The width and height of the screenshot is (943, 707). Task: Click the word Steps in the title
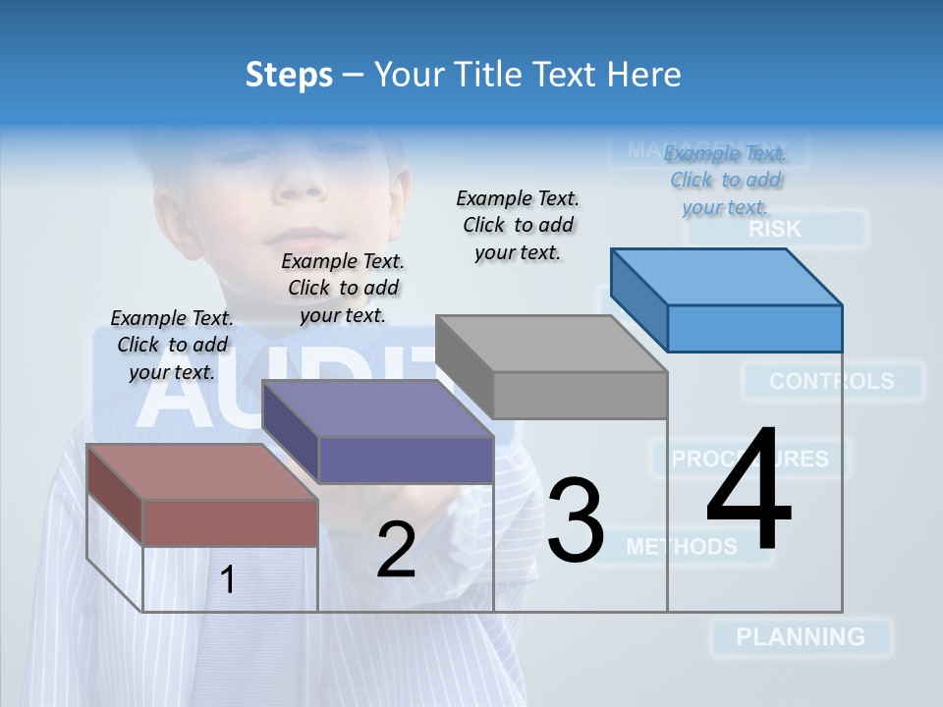289,75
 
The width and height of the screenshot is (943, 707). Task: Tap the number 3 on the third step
576,521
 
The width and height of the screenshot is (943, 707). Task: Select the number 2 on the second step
396,550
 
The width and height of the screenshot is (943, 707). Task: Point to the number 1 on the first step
228,579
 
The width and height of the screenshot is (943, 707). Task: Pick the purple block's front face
406,460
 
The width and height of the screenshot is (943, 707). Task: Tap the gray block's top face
550,344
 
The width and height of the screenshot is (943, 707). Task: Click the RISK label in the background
775,230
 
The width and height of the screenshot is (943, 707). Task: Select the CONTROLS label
832,381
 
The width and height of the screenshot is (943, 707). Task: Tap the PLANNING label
801,636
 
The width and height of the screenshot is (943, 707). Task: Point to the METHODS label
682,546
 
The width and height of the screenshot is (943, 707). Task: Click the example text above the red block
172,345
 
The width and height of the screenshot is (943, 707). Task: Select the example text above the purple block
343,288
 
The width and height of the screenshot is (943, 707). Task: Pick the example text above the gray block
518,225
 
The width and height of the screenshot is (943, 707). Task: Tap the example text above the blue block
725,180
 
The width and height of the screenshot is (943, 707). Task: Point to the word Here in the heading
645,75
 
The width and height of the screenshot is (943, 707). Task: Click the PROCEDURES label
749,459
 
